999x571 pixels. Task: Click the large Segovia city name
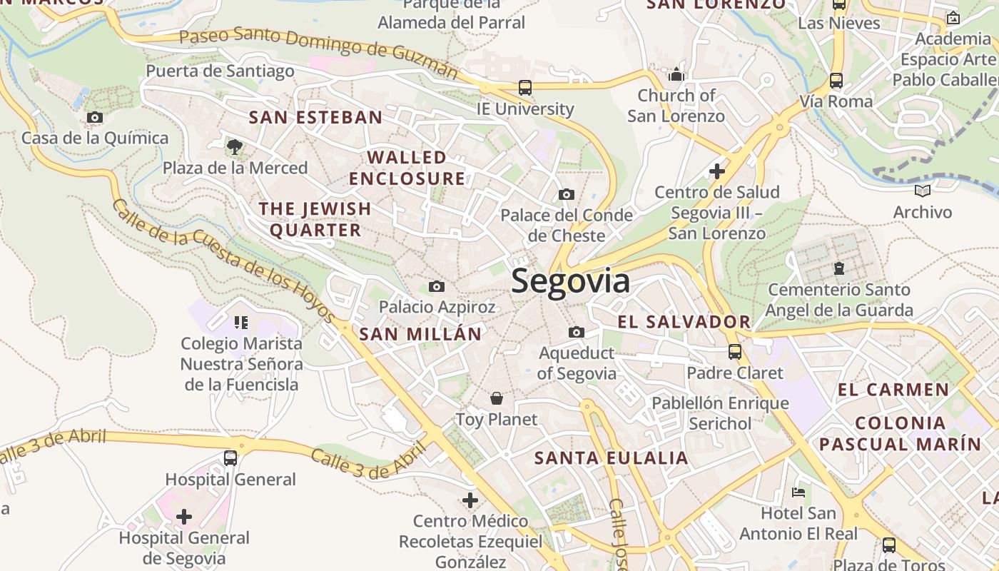571,281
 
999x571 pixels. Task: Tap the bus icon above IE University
524,88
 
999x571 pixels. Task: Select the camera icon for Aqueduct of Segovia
576,332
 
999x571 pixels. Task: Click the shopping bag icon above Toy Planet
497,398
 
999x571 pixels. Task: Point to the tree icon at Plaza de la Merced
233,147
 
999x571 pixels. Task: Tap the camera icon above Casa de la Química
94,117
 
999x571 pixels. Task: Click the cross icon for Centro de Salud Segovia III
717,171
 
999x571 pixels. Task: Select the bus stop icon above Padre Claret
734,352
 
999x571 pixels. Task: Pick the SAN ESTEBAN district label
315,117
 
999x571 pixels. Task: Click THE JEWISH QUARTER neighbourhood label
315,219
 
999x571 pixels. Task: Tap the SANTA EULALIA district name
612,458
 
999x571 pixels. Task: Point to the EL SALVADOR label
684,322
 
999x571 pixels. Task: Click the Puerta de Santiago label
220,71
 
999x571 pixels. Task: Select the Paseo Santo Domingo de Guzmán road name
318,49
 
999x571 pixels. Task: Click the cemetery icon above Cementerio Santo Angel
838,269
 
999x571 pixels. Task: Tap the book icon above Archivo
923,191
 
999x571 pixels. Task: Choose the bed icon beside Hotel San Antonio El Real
798,492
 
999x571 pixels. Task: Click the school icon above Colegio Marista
241,323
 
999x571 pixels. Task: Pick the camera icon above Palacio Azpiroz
436,287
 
